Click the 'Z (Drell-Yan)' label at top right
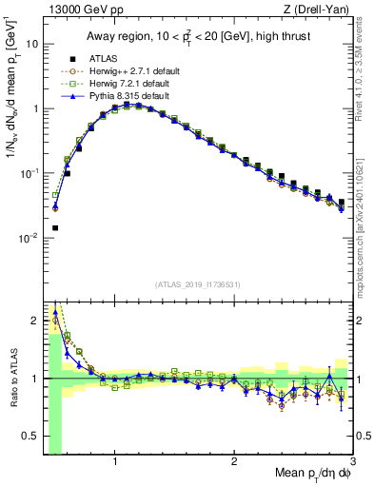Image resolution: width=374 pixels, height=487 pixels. click(x=318, y=10)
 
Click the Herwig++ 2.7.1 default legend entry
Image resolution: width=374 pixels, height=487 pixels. click(x=124, y=71)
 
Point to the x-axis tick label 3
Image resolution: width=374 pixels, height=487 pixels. click(x=353, y=461)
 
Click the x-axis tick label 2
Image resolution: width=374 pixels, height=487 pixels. click(x=234, y=461)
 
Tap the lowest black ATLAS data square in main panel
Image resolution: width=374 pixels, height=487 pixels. click(x=55, y=228)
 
